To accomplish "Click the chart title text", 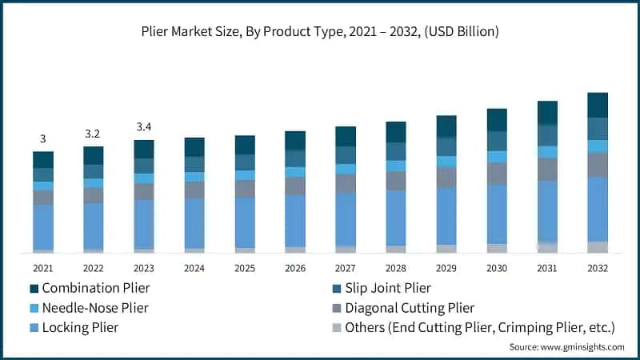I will coord(320,32).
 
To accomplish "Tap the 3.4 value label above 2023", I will coord(144,127).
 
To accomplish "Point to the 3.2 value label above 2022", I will coord(94,134).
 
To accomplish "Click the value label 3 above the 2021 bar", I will coord(43,139).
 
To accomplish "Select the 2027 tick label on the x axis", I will coord(346,268).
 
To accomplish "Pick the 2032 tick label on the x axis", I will coord(598,268).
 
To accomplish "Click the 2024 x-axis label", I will coord(194,268).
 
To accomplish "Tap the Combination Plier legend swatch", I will coord(34,288).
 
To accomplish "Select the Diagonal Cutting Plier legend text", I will coord(409,308).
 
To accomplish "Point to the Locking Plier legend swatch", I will coord(34,327).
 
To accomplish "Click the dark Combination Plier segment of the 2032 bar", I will coord(598,105).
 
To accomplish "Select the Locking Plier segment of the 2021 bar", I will coord(43,226).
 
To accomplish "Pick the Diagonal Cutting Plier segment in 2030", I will coord(497,174).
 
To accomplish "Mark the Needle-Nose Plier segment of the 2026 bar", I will coord(295,172).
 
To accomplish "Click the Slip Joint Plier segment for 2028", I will coord(396,151).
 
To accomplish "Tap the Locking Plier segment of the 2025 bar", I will coord(245,222).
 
